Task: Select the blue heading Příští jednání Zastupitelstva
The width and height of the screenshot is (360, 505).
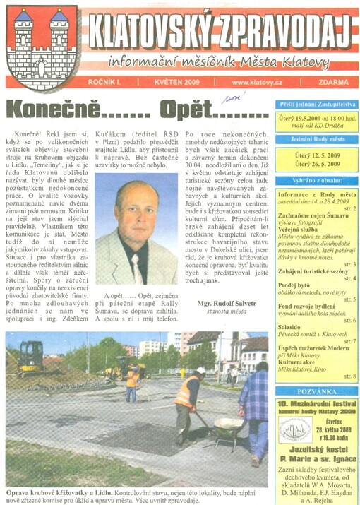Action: pyautogui.click(x=313, y=102)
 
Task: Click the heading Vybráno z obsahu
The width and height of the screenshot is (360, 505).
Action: pyautogui.click(x=313, y=180)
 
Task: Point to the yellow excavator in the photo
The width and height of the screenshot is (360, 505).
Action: pyautogui.click(x=32, y=356)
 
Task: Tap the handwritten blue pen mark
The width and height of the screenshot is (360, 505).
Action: pyautogui.click(x=231, y=99)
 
